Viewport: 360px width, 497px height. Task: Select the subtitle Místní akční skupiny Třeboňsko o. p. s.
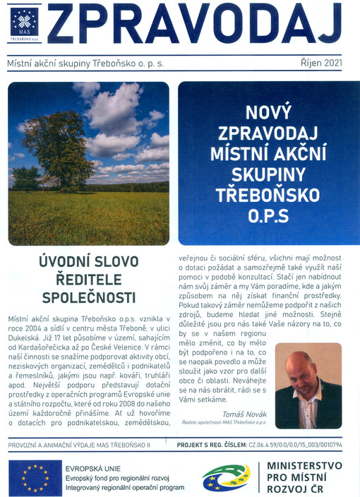pyautogui.click(x=85, y=64)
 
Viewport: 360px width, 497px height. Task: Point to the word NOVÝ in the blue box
pyautogui.click(x=268, y=112)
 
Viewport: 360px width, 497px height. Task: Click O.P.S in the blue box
pyautogui.click(x=268, y=216)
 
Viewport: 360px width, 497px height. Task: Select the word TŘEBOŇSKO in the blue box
pyautogui.click(x=268, y=196)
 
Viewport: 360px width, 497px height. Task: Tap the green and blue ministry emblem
pyautogui.click(x=225, y=478)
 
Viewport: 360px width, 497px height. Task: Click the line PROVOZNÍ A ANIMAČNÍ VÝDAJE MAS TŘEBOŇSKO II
pyautogui.click(x=80, y=446)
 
